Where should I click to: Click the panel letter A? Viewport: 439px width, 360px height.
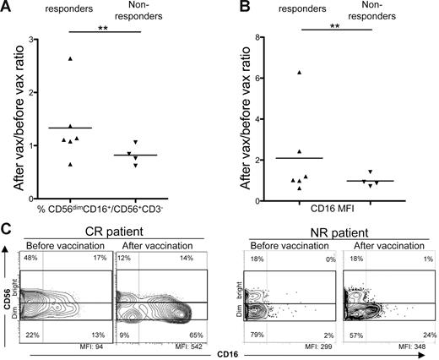tap(7, 8)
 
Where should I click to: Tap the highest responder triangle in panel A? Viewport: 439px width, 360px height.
tap(94, 59)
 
